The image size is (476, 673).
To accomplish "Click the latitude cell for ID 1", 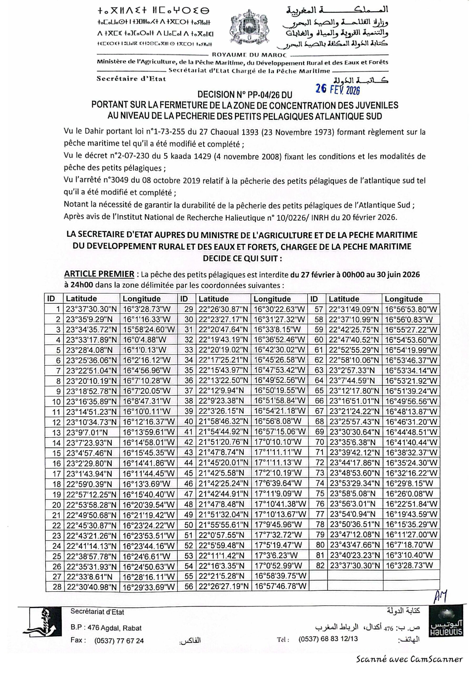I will pyautogui.click(x=91, y=309).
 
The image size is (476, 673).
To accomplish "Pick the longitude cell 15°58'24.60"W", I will pyautogui.click(x=148, y=329).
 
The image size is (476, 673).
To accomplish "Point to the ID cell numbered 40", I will pyautogui.click(x=189, y=421).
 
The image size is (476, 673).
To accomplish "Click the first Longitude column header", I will pyautogui.click(x=142, y=299).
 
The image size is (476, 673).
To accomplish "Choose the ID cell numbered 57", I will pyautogui.click(x=319, y=309).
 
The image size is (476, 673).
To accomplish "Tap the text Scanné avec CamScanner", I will pyautogui.click(x=409, y=666).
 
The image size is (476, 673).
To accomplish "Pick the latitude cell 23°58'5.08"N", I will pyautogui.click(x=352, y=494).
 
